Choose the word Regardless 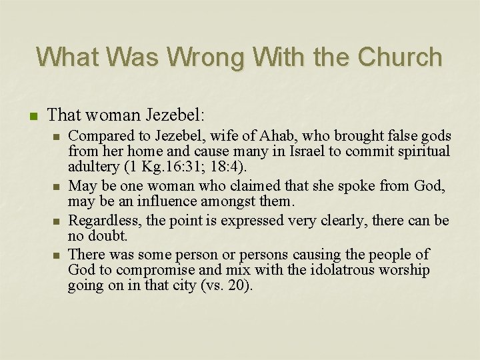[x=101, y=220]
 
